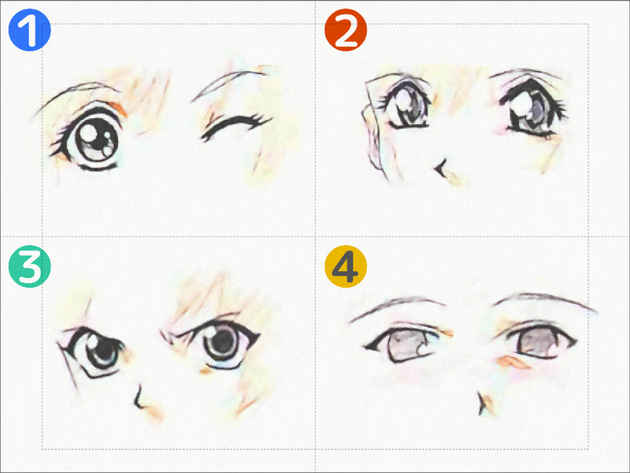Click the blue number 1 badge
tap(29, 30)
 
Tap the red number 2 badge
tap(346, 30)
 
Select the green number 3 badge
tap(29, 266)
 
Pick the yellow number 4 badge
tap(346, 266)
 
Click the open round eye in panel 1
tap(91, 139)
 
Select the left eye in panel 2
tap(406, 103)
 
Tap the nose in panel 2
tap(441, 169)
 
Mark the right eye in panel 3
tap(219, 343)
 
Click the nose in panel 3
tap(139, 398)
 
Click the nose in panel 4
tap(481, 404)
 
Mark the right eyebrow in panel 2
tap(527, 73)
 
